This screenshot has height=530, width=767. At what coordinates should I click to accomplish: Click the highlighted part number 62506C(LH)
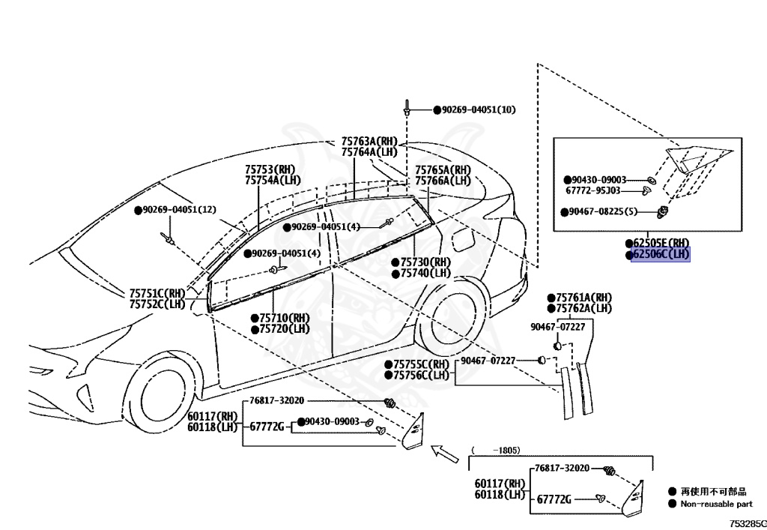click(x=661, y=254)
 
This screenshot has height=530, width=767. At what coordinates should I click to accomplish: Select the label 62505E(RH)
click(x=661, y=243)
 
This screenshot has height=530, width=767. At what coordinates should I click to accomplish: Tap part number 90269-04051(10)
click(x=479, y=109)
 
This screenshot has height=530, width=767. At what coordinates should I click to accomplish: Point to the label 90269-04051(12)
click(x=179, y=210)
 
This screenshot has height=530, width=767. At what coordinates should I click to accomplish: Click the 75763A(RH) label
click(x=369, y=142)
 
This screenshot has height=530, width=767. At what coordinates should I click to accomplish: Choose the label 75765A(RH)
click(x=443, y=170)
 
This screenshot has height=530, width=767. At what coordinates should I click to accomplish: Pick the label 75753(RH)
click(x=270, y=169)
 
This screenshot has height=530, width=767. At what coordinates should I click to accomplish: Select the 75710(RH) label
click(x=284, y=318)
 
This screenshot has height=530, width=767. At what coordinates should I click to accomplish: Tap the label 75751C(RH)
click(x=157, y=294)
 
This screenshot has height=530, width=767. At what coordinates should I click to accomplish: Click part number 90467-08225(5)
click(x=603, y=212)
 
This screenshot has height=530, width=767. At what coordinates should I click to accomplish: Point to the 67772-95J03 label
click(x=593, y=191)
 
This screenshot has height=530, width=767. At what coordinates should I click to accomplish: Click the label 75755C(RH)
click(x=421, y=364)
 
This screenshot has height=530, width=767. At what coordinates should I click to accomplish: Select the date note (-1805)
click(x=496, y=451)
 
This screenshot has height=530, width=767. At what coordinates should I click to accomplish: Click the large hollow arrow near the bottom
click(x=445, y=454)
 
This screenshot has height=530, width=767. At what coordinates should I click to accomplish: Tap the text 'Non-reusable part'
click(x=717, y=504)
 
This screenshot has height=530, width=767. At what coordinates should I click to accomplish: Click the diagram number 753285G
click(x=748, y=524)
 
